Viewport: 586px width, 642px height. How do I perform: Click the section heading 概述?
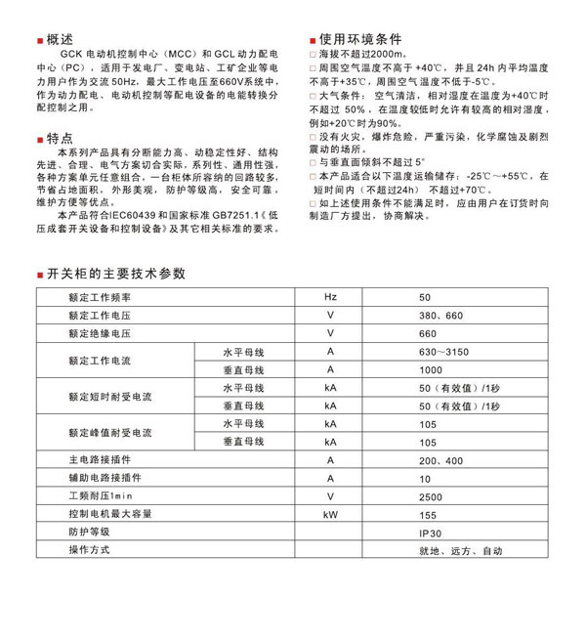[x=61, y=40]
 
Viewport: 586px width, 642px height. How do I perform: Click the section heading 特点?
[x=61, y=138]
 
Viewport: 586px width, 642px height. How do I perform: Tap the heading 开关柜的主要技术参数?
[x=115, y=274]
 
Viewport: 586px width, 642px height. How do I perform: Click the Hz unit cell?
[x=330, y=296]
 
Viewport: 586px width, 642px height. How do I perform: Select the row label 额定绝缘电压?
[x=102, y=333]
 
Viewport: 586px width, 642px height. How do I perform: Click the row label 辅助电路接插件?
[x=105, y=479]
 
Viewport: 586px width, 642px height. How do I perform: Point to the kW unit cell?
[x=330, y=514]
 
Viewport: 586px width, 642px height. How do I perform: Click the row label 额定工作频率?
[x=102, y=296]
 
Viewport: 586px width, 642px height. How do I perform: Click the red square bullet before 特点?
[x=38, y=139]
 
